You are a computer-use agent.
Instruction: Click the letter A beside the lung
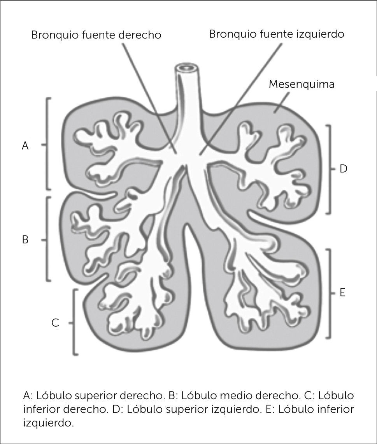point(25,146)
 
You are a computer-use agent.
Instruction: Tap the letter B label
point(25,240)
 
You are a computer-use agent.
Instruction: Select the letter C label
point(55,323)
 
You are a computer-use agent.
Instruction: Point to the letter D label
point(343,169)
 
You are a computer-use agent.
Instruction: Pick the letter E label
point(343,292)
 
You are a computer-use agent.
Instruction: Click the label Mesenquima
point(302,84)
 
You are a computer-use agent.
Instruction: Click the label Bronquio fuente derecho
point(96,35)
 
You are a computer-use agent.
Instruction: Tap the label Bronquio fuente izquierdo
point(277,34)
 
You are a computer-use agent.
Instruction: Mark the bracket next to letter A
point(47,144)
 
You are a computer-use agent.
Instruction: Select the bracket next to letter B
point(47,239)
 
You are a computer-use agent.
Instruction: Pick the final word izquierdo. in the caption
point(48,423)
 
